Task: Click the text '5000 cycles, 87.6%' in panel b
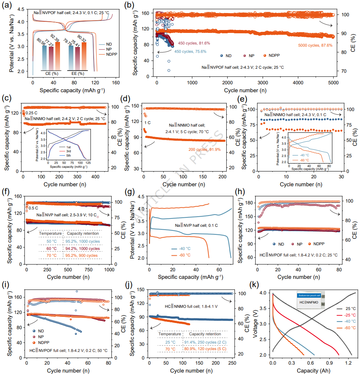click(x=315, y=46)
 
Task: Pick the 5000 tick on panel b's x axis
click(x=333, y=82)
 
